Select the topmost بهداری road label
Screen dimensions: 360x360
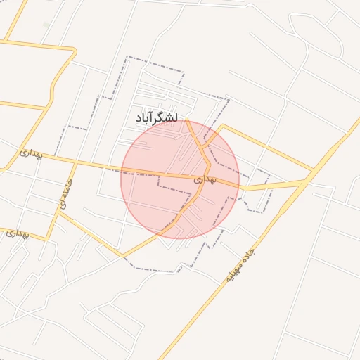(30, 153)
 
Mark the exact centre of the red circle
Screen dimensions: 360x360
(180, 179)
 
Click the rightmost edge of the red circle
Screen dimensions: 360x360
(239, 179)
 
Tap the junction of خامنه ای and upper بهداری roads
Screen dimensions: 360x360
(75, 162)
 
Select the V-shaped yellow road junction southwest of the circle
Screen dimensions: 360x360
(121, 255)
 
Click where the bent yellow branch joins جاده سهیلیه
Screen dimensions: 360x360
(314, 170)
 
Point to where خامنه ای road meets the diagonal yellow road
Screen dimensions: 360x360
(59, 214)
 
